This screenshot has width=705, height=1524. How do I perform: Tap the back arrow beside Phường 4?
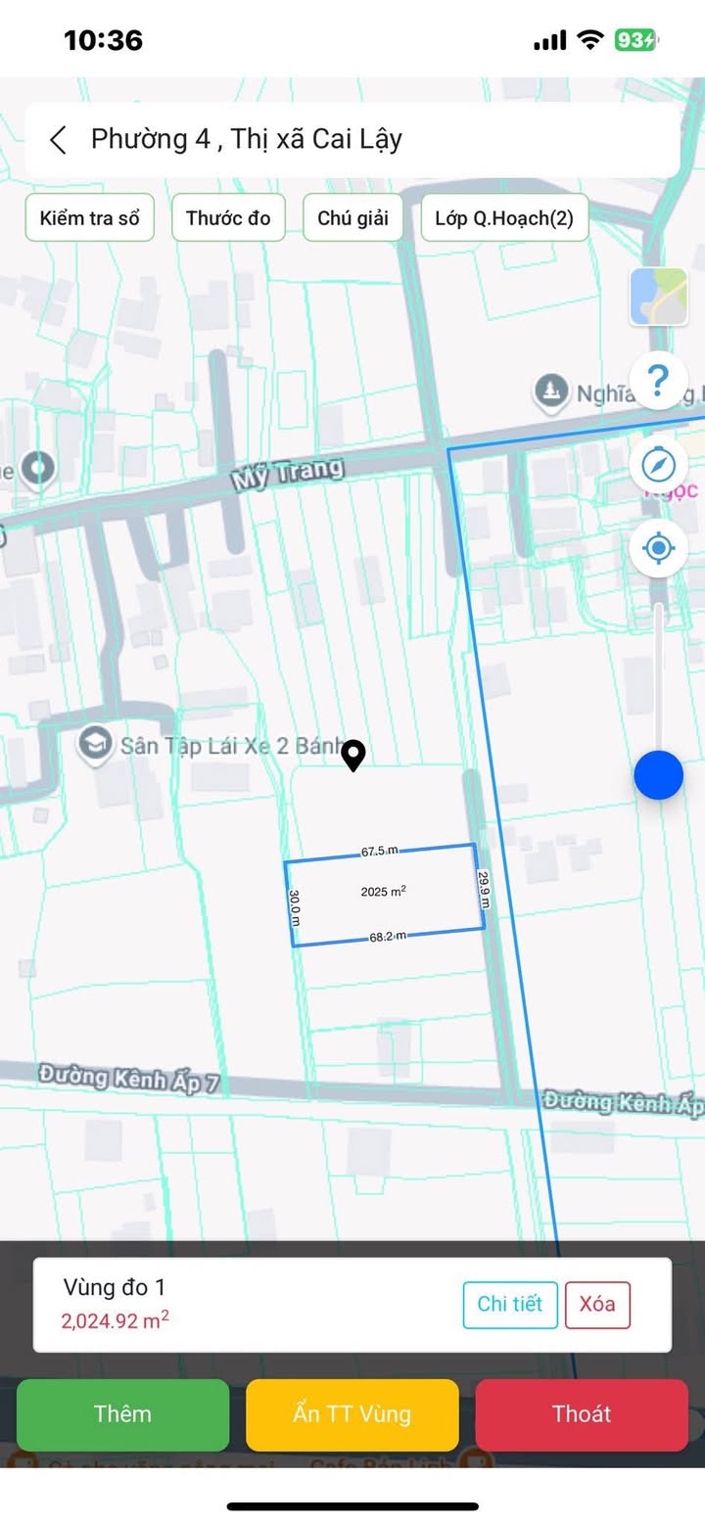[59, 140]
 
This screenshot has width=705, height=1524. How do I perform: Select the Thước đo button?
[228, 217]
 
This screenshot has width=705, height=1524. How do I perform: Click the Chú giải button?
[352, 217]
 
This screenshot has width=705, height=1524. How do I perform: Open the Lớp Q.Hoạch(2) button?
[504, 217]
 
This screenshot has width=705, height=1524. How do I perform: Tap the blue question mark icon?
[658, 379]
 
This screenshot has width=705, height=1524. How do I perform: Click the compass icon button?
[658, 464]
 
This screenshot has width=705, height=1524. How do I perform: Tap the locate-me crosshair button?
[658, 548]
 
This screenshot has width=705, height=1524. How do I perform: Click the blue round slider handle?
[658, 775]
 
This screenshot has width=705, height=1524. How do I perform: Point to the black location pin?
[353, 755]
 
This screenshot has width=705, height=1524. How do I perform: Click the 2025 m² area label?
[383, 892]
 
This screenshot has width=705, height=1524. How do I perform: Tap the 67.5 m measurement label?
[379, 852]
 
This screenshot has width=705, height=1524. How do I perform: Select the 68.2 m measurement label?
[388, 937]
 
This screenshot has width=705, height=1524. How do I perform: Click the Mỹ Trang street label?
[288, 475]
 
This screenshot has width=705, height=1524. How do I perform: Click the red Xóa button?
[596, 1304]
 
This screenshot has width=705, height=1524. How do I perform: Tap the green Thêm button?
[122, 1413]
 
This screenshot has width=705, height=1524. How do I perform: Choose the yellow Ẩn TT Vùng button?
[352, 1413]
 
